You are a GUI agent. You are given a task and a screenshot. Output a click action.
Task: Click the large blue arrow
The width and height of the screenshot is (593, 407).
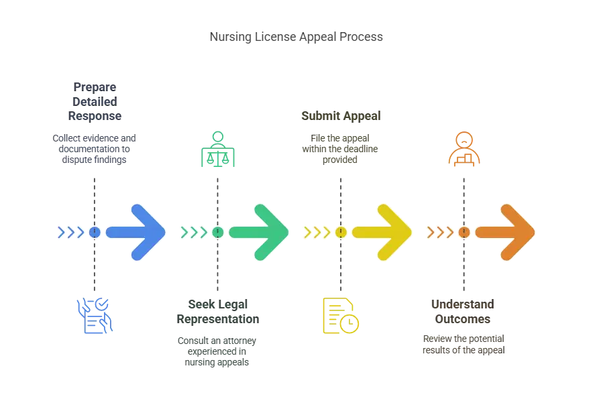coord(138,232)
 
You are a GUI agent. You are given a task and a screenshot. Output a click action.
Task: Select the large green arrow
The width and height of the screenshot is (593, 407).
coord(261,232)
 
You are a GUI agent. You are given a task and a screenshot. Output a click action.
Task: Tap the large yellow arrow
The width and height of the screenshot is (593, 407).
coord(384,232)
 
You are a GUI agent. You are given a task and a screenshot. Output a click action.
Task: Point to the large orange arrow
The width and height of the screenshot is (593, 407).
coord(508,232)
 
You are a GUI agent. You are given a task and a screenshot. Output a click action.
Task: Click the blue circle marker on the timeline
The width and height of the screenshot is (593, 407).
coord(95,232)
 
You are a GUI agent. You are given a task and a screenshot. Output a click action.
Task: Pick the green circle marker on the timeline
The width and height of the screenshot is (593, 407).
coord(218,232)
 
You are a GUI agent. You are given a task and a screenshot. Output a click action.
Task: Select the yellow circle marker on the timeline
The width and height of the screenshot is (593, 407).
coord(341,232)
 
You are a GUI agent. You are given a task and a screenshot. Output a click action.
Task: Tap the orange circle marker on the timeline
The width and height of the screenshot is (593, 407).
coord(464,232)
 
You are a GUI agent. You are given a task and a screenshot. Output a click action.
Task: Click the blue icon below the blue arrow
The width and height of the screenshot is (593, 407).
coord(94,316)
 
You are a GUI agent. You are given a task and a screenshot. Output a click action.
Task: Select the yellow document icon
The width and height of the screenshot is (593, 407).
coord(340,315)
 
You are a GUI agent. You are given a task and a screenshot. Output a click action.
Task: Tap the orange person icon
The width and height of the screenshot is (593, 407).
coord(464,149)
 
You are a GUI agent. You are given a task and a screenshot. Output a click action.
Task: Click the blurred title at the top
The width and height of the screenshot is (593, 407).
coord(297,38)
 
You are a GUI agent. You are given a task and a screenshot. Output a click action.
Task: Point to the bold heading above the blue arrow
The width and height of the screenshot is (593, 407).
coord(94,101)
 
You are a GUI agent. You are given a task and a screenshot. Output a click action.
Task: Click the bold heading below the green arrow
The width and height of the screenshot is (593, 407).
coord(219,312)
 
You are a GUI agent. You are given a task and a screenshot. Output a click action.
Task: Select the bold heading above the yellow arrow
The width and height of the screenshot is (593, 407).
coord(340,116)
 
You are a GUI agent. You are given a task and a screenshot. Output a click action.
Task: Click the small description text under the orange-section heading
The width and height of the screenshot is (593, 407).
coord(462,343)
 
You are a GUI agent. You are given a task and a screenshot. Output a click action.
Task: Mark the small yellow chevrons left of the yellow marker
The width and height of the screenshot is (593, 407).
coord(317,232)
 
